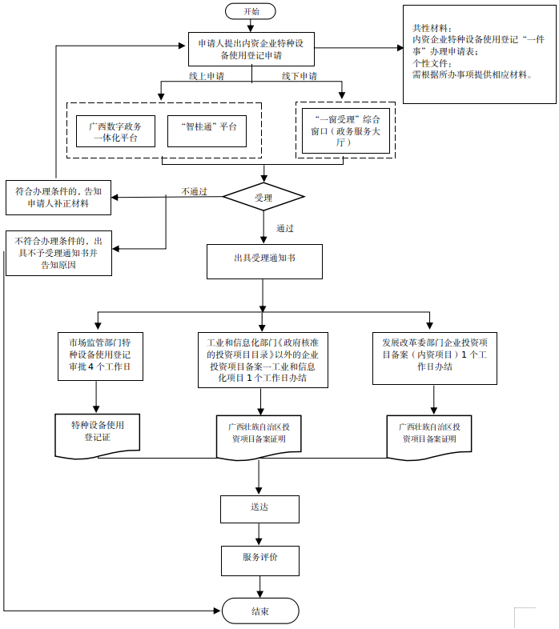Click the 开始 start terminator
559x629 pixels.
251,11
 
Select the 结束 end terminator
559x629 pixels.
259,611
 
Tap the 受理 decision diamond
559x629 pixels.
263,197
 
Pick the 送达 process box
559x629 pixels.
259,508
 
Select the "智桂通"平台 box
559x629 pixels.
207,131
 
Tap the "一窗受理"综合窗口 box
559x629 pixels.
344,130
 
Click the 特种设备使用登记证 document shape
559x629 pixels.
97,433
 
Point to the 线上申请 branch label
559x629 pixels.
206,76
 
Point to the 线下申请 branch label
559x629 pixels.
299,76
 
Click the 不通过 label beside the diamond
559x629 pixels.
194,191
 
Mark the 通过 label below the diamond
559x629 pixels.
284,228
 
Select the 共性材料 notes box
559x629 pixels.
479,53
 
